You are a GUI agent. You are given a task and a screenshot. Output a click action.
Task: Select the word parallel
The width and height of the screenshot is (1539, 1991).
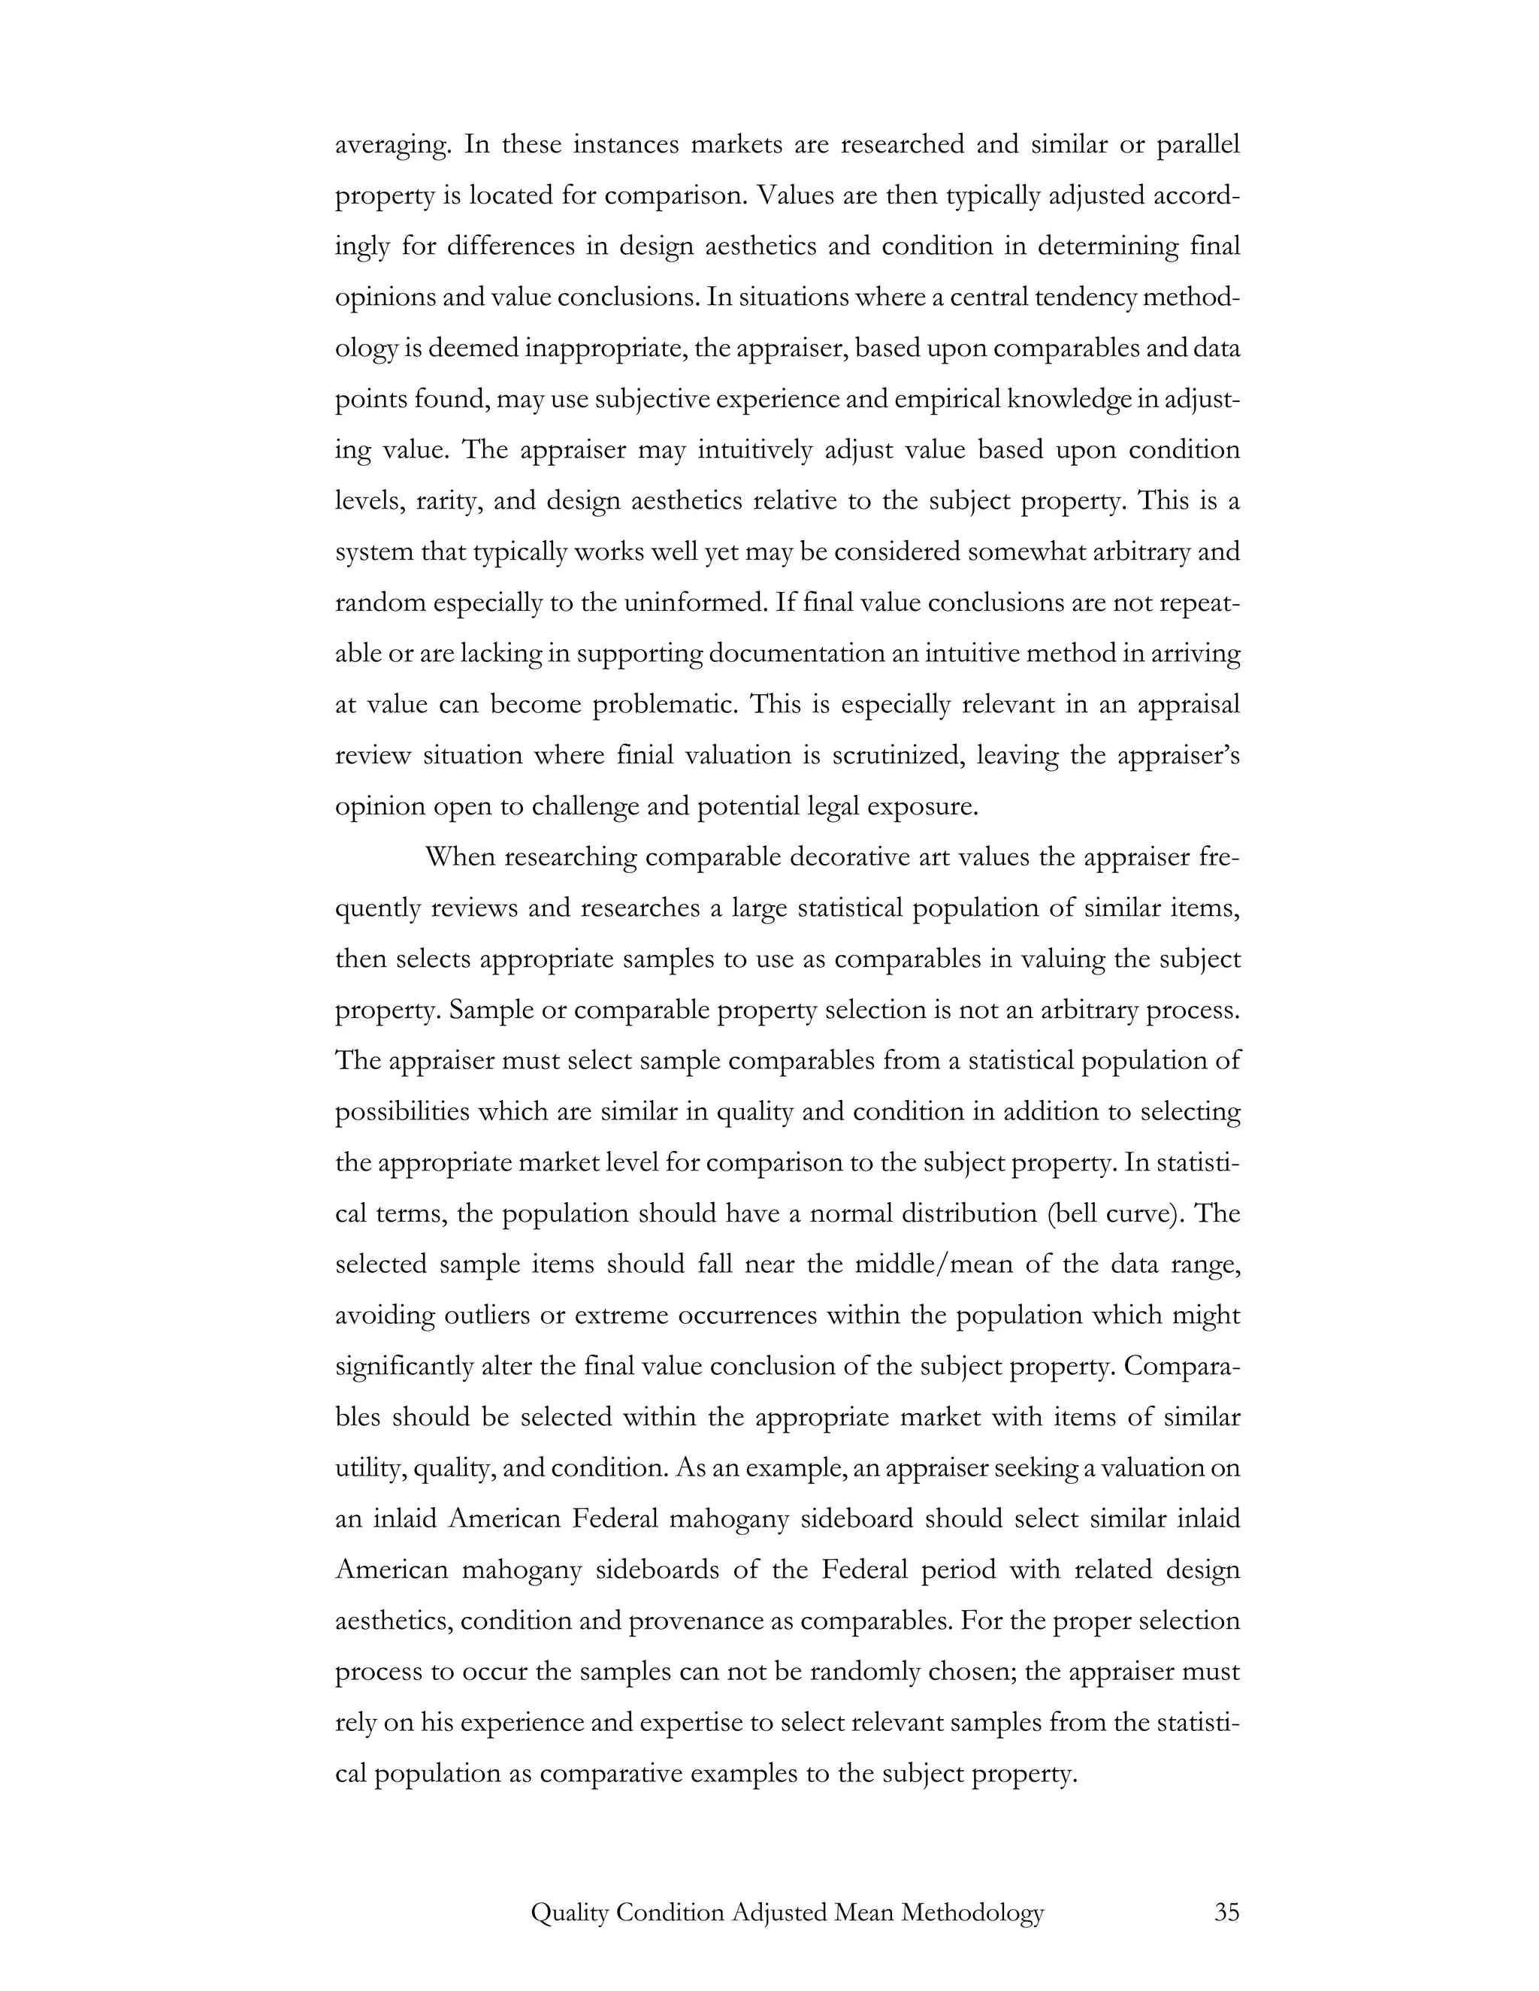point(1198,144)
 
